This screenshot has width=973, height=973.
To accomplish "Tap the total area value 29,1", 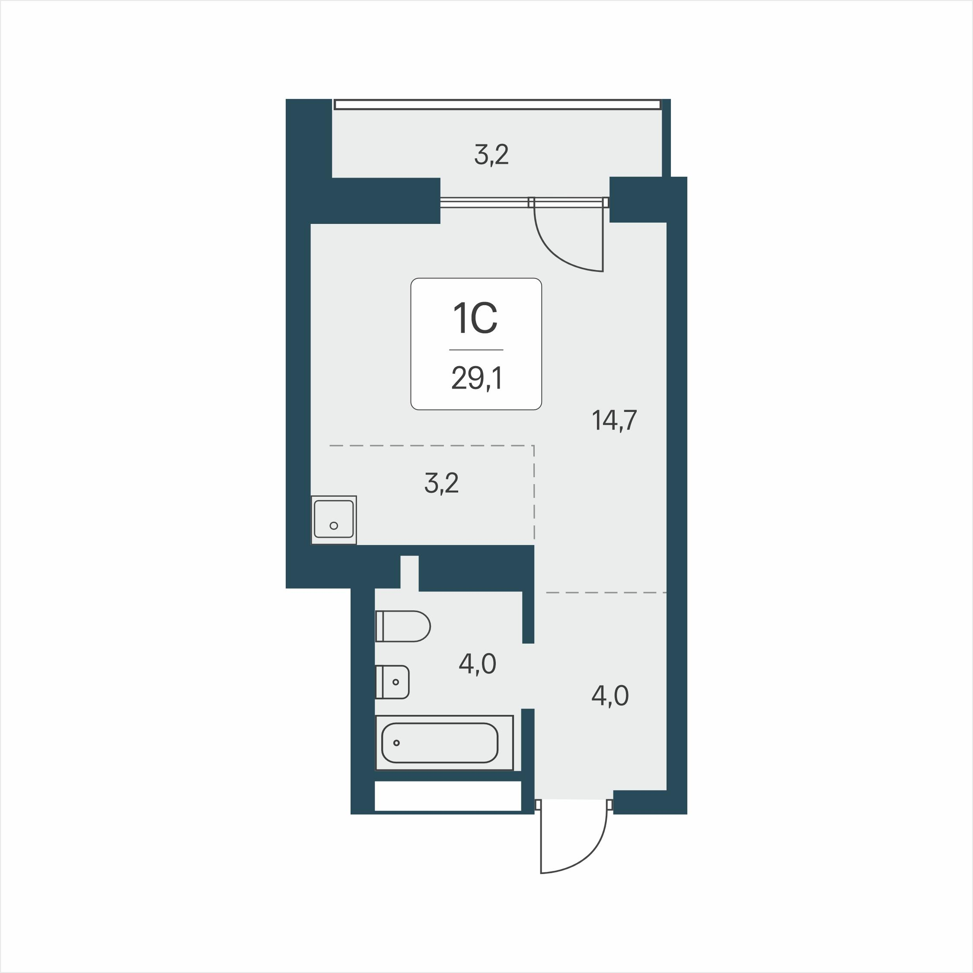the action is [x=476, y=378].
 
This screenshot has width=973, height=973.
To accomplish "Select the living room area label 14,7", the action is [x=614, y=420].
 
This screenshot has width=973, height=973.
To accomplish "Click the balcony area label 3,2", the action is [x=491, y=155].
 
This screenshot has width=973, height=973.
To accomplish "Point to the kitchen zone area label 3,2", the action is [x=442, y=483].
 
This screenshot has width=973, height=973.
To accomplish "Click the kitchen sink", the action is [x=334, y=519].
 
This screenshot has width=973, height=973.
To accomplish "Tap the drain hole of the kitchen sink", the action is [x=333, y=526].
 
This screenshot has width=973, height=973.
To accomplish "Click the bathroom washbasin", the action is [x=392, y=682].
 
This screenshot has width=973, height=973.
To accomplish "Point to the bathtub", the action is [x=444, y=743].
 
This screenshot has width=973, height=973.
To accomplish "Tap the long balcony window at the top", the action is [x=497, y=104].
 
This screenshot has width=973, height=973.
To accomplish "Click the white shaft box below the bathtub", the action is [x=448, y=796].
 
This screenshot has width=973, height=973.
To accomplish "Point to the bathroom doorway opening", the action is [x=528, y=676].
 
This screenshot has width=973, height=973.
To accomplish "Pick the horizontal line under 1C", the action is [x=476, y=350].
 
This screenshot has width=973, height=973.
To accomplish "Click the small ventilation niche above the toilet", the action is [x=409, y=572].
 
